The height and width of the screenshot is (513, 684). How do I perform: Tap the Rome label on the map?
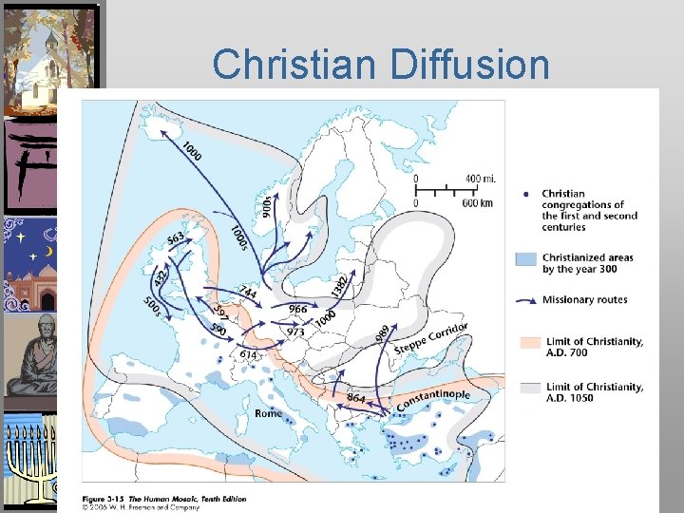tap(269, 413)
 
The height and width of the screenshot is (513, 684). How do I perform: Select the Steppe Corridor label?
tap(430, 337)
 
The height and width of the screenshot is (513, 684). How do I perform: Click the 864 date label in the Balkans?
tap(356, 397)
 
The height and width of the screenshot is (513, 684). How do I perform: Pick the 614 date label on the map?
tap(248, 354)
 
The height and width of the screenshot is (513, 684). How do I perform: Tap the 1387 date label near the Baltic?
tap(340, 283)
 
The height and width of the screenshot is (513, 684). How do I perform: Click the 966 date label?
tap(297, 309)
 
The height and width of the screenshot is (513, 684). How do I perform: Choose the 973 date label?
tap(295, 332)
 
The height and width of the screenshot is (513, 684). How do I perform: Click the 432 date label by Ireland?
tap(161, 277)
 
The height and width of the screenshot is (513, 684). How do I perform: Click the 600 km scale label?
tap(475, 202)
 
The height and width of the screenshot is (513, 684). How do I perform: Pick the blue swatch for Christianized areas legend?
tap(527, 258)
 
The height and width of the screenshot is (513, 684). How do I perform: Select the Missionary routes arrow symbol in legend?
tap(527, 300)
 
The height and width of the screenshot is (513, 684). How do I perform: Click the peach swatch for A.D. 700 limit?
tap(527, 342)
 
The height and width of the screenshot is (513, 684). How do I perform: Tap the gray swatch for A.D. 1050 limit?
tap(527, 388)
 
